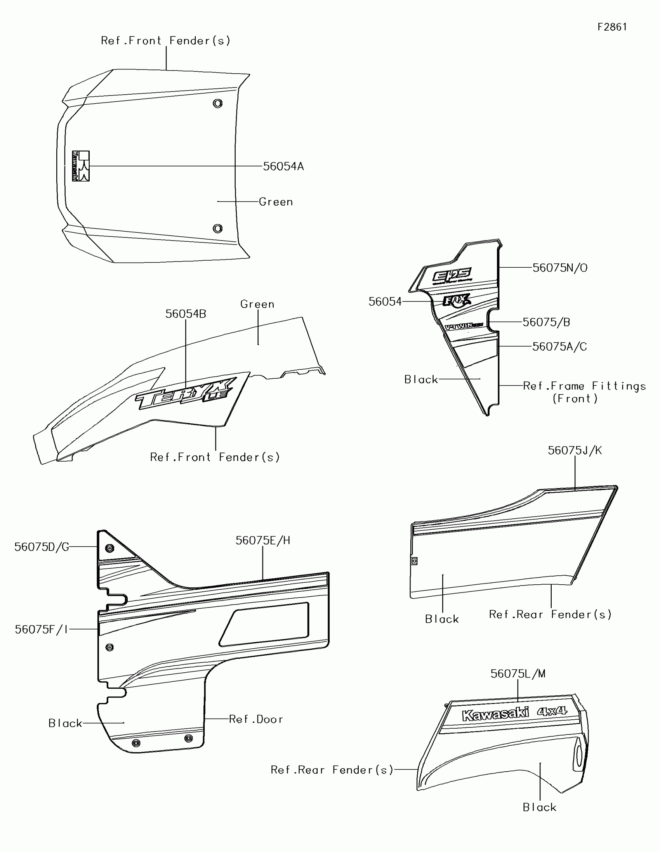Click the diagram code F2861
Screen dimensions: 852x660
click(x=612, y=27)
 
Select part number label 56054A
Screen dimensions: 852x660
click(x=283, y=166)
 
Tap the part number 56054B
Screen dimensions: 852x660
click(x=186, y=314)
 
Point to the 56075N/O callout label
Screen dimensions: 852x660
click(x=560, y=268)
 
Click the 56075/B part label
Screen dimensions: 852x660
click(x=546, y=322)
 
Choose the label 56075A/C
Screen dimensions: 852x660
click(x=559, y=347)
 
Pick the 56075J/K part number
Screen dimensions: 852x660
click(x=575, y=450)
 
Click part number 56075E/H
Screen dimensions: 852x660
click(x=263, y=540)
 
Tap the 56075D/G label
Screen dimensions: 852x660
click(x=42, y=547)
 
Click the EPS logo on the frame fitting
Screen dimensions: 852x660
click(x=452, y=275)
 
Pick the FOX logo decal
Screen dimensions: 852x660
click(x=456, y=301)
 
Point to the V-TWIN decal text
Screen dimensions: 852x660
click(x=464, y=326)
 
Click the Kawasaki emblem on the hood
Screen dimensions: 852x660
click(x=81, y=166)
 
